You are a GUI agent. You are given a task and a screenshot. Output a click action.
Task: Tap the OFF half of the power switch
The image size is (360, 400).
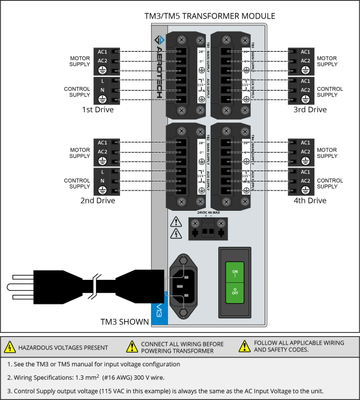click(235, 292)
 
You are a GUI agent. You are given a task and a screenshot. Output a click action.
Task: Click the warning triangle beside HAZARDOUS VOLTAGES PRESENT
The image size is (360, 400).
click(10, 347)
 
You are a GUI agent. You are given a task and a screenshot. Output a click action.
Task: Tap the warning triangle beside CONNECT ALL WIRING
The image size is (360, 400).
click(132, 347)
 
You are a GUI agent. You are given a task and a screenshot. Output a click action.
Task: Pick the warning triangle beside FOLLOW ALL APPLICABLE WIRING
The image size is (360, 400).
click(244, 347)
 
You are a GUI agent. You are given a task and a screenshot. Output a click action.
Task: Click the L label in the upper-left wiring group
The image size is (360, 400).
click(102, 81)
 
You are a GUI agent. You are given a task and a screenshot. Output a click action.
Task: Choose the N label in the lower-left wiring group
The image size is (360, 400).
click(102, 181)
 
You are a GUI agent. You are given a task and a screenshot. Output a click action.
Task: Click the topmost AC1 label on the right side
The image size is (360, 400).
click(305, 52)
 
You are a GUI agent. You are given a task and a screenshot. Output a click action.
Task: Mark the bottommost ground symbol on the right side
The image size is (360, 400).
click(305, 190)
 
